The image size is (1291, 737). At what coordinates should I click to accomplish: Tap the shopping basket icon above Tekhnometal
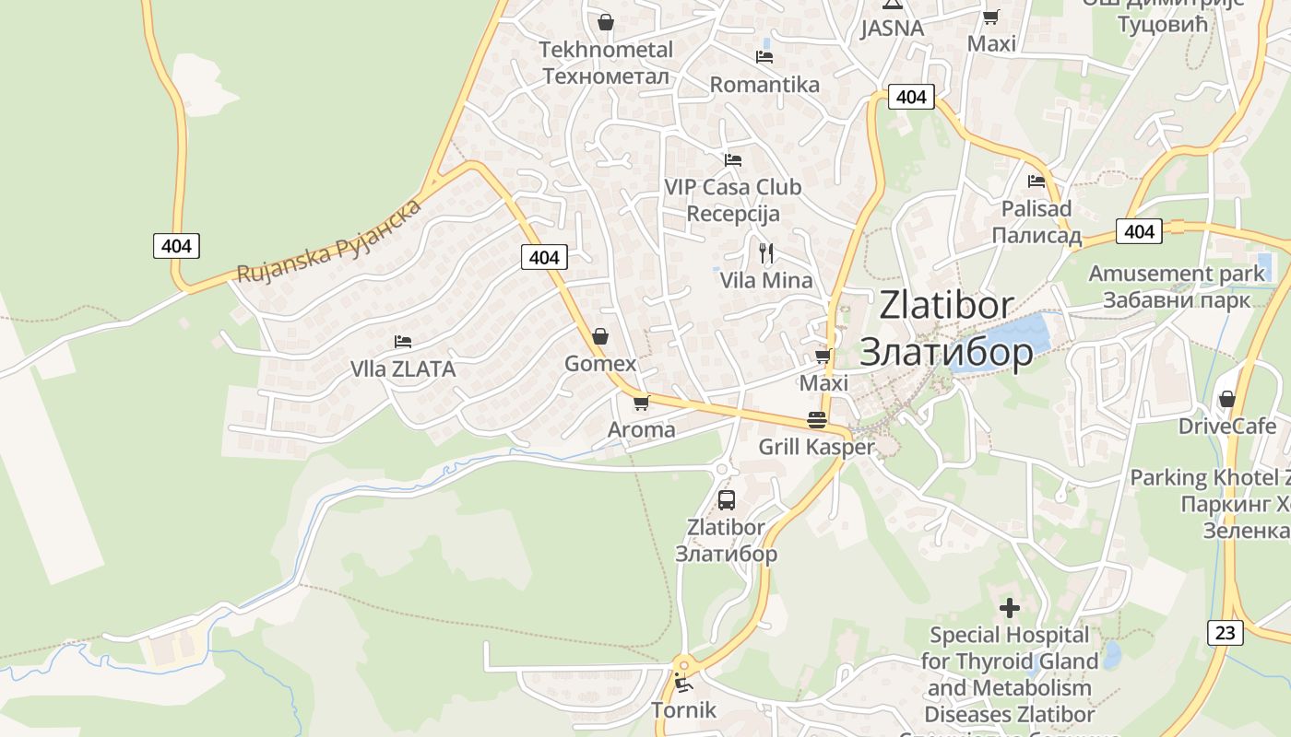click(606, 21)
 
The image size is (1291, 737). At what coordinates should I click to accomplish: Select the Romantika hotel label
click(764, 85)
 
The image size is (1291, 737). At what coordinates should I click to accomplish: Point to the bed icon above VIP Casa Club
click(733, 160)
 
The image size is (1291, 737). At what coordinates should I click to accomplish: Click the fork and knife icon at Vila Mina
click(766, 252)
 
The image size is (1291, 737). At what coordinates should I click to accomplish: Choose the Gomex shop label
click(600, 364)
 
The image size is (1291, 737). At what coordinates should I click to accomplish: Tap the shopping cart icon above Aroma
click(641, 403)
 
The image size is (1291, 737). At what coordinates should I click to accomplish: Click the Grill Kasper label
click(816, 448)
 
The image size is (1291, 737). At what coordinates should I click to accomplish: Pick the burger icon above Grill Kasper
click(817, 420)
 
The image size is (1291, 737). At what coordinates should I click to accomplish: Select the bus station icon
click(727, 500)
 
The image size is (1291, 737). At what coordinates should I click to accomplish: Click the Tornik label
click(683, 710)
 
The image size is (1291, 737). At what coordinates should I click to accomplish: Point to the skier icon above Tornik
click(683, 683)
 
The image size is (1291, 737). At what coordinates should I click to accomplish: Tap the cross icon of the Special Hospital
click(1010, 608)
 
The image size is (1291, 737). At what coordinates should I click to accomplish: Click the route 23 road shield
click(1225, 633)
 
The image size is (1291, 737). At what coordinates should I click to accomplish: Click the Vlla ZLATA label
click(403, 369)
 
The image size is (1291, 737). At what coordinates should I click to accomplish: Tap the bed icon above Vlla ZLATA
click(403, 342)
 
